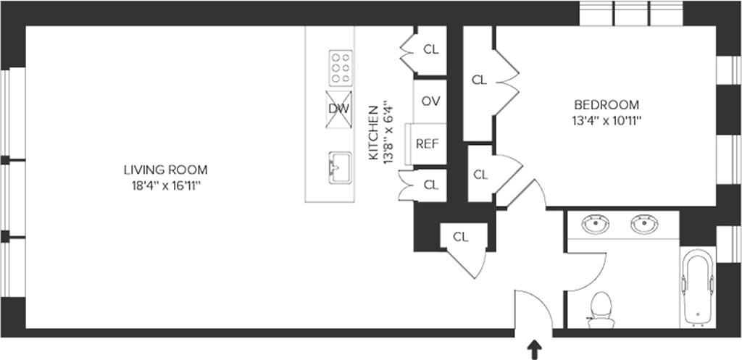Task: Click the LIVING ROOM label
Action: point(165,170)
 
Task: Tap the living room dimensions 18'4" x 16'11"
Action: point(165,186)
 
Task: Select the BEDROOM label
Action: point(606,104)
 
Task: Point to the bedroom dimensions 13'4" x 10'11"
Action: point(606,120)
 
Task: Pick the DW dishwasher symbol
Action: point(339,109)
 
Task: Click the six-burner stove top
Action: point(341,68)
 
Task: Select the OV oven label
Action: point(431,101)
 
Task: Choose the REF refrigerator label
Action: point(428,143)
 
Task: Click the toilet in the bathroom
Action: point(601,308)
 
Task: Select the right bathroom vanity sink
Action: point(643,225)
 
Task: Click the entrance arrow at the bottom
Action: point(535,351)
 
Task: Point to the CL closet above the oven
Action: point(431,50)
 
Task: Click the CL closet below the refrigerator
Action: point(431,185)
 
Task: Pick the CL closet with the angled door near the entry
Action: point(461,236)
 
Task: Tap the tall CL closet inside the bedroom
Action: point(479,80)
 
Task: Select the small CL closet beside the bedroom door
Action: point(480,175)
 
